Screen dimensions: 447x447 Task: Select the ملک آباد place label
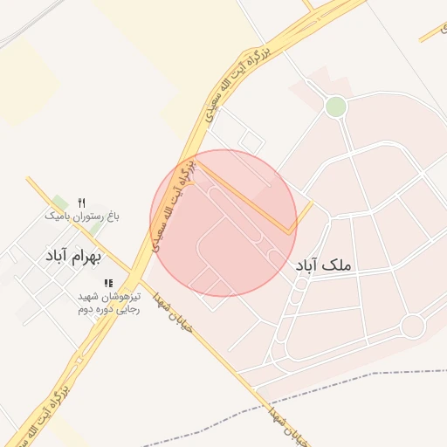(322, 265)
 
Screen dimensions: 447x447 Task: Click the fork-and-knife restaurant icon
(81, 202)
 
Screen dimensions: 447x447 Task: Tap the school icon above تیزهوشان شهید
(108, 283)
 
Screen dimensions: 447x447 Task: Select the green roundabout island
(335, 107)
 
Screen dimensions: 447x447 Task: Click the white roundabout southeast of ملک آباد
(412, 326)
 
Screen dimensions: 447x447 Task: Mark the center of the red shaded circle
(223, 223)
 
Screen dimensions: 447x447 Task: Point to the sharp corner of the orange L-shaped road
(290, 233)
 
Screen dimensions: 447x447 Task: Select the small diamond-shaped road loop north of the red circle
(251, 141)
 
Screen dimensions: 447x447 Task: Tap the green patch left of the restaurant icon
(59, 203)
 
